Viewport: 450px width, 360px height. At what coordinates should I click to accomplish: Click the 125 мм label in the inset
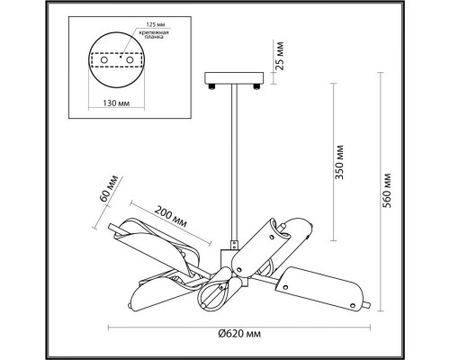click(x=156, y=24)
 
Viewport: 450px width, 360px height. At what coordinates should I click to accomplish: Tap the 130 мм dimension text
click(x=116, y=103)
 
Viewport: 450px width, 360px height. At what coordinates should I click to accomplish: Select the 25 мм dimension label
click(x=279, y=56)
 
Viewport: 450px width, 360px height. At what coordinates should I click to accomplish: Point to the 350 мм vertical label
click(x=339, y=162)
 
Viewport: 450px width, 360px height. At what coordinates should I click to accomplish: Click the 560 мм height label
click(x=387, y=191)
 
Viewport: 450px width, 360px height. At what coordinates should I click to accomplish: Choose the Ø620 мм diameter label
click(x=239, y=333)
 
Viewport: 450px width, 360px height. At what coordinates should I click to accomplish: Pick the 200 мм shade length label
click(x=171, y=216)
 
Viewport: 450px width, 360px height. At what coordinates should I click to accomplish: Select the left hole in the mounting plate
click(x=104, y=60)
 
